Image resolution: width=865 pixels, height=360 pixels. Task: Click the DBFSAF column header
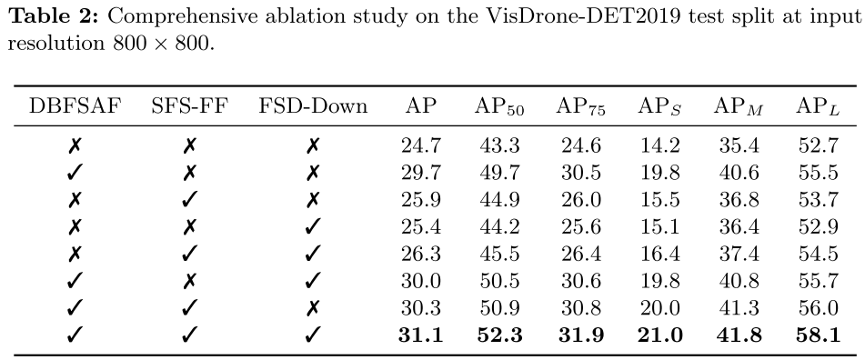click(75, 105)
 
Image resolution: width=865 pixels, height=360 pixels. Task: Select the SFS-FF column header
click(189, 105)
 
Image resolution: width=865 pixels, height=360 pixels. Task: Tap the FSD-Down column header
click(313, 105)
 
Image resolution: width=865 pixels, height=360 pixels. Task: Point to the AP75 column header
click(580, 107)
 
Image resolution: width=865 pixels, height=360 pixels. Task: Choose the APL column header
click(818, 107)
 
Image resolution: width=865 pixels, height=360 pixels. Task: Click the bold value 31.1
click(421, 335)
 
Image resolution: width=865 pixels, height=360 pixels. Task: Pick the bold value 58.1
click(818, 335)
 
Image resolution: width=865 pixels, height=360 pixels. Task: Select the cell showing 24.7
click(421, 145)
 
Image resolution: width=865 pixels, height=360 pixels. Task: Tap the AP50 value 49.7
click(499, 173)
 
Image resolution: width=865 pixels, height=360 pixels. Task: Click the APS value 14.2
click(659, 145)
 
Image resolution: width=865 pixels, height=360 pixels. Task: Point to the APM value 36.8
click(739, 200)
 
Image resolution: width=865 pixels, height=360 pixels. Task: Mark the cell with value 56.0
click(818, 307)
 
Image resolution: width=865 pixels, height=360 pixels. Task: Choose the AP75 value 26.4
click(581, 254)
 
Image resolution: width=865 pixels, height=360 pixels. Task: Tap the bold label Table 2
click(54, 17)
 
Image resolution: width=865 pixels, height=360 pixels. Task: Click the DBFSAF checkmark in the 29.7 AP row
click(75, 173)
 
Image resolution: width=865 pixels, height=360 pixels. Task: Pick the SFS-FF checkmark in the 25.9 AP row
click(189, 200)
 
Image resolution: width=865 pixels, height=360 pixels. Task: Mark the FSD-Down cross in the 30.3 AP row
click(312, 307)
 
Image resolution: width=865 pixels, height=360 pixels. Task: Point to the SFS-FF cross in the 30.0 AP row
click(189, 281)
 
